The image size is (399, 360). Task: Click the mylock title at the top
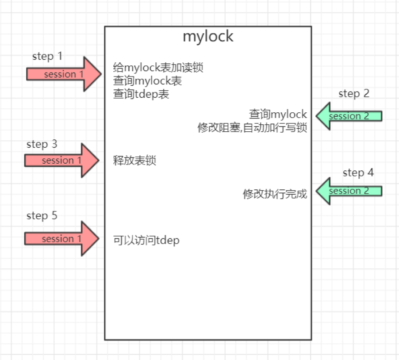pos(208,36)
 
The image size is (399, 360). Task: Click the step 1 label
pos(47,56)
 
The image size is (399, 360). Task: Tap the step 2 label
pos(353,93)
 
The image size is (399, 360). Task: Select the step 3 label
pos(42,144)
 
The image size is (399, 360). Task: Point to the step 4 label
pos(358,172)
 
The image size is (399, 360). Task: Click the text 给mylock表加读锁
pos(158,68)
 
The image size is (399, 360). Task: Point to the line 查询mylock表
pos(147,81)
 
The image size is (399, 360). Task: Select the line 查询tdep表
pos(141,94)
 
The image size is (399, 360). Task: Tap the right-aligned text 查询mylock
pos(278,115)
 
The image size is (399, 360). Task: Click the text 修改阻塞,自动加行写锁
pos(252,128)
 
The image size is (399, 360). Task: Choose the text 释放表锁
pos(134,161)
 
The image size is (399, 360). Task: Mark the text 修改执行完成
pos(275,194)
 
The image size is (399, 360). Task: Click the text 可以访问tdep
pos(146,241)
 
